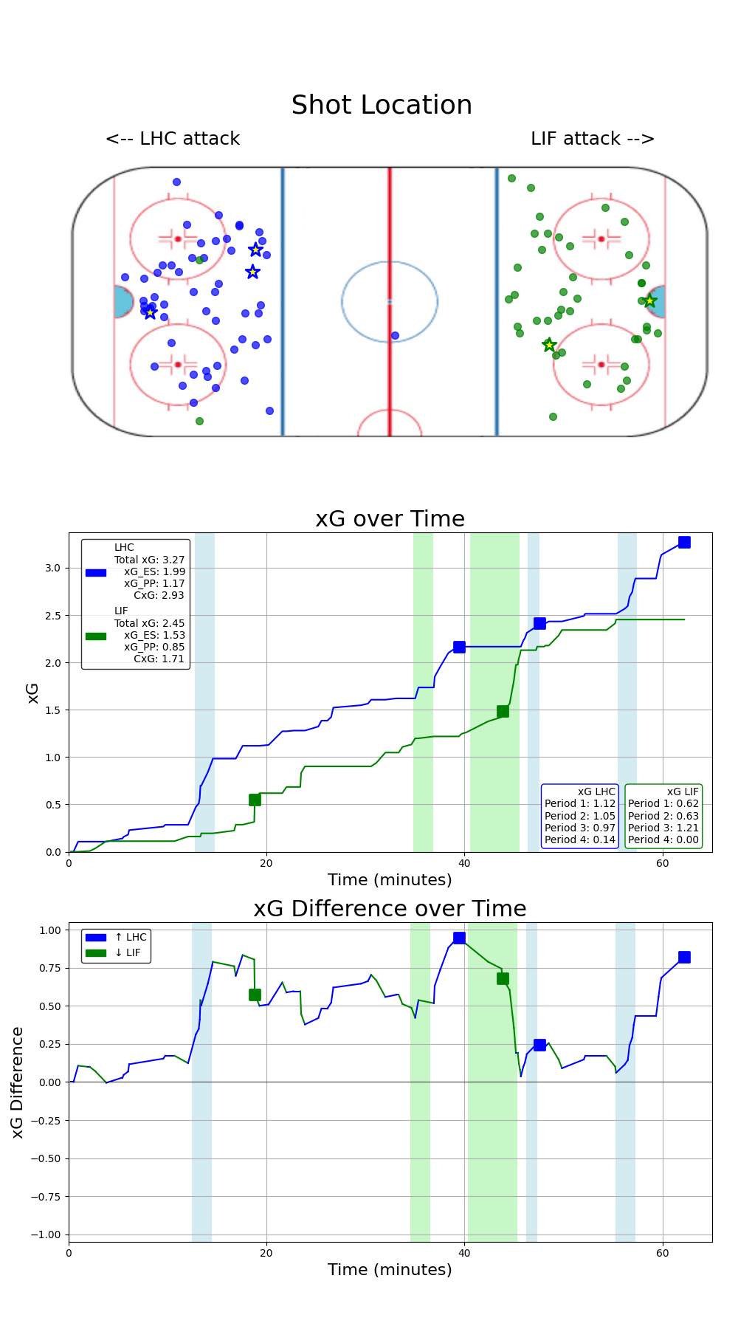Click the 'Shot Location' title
[382, 106]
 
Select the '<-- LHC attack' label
[173, 139]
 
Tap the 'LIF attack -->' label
[593, 139]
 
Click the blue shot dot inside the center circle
[395, 336]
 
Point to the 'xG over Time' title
[390, 519]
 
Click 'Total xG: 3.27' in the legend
[149, 560]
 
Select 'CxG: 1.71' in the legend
[159, 659]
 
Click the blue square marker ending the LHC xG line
[684, 543]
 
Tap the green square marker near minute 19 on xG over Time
[255, 800]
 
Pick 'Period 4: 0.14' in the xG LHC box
[579, 839]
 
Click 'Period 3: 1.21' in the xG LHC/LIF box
[663, 828]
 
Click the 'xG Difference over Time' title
[390, 909]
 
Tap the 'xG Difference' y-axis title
[18, 1082]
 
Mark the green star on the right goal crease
[649, 301]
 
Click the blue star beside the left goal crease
[151, 312]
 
